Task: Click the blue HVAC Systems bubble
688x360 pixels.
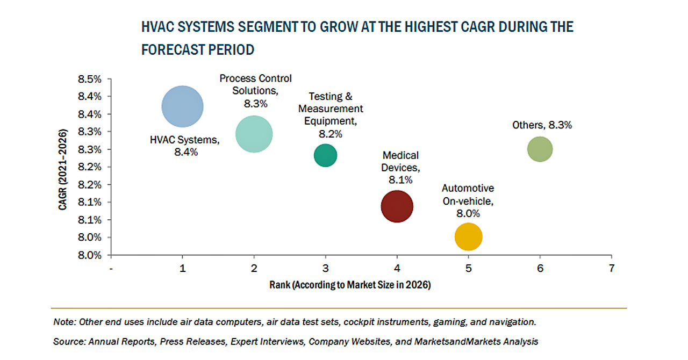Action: point(183,106)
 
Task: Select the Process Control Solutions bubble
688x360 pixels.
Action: point(254,134)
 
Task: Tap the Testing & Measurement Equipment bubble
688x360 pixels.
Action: point(325,155)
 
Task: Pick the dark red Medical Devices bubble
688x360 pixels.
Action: point(397,206)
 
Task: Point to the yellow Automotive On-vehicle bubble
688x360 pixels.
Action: point(468,237)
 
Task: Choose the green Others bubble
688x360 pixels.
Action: point(540,149)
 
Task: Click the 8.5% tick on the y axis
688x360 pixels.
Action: point(90,79)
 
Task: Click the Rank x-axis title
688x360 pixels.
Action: point(350,285)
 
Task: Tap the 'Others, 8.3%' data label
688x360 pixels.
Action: point(542,125)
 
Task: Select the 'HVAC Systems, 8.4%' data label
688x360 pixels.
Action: point(185,146)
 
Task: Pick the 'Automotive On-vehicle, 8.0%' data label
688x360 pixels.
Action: point(468,200)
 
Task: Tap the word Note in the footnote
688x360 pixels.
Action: point(64,322)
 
